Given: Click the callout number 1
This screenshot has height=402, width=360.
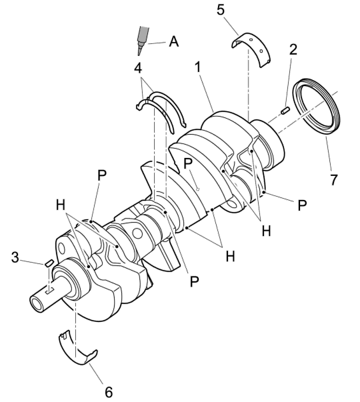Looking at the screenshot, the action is pos(197,67).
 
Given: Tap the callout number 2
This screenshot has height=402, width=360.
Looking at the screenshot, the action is pos(293,49).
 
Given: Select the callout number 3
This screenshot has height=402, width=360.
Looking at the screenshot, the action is pos(15,257).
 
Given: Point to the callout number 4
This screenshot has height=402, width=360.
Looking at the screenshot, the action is pos(138,68).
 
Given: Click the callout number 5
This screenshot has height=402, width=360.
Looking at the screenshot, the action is pos(221,10).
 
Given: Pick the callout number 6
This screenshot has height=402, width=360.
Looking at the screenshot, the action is pos(109,392).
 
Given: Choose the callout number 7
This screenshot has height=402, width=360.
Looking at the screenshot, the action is pos(333,179).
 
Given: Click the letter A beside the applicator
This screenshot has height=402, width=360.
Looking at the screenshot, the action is pos(173,41).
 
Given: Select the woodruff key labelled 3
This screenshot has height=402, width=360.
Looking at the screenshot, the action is pos(49,263).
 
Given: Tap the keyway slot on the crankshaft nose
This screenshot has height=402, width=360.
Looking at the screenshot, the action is pos(49,291).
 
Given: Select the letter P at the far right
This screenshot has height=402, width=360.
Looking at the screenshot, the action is pos(302,205).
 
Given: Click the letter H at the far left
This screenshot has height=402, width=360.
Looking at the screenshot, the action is pos(61,205).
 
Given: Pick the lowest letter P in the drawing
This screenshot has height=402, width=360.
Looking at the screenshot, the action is pos(194,281).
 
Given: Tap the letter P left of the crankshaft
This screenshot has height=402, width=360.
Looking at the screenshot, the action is pos(102,176).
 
